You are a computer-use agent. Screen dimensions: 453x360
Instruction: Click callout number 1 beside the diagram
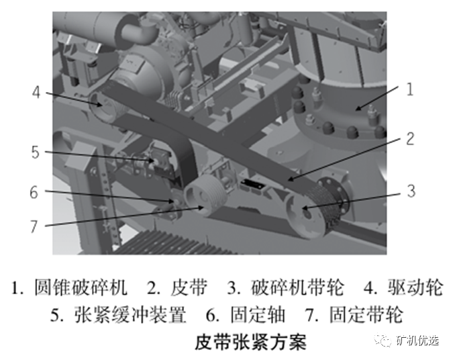[409, 89]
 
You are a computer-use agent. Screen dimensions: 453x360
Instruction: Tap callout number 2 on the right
[410, 139]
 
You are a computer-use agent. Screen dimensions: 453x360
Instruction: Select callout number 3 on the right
[411, 191]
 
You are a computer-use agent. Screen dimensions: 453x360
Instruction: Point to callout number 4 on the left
[36, 92]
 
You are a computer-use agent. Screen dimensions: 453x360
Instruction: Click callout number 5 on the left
[35, 152]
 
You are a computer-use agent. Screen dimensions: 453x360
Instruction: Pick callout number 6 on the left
[34, 192]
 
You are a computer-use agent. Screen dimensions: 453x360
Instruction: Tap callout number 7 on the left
[34, 226]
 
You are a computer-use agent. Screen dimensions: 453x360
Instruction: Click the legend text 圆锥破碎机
[81, 287]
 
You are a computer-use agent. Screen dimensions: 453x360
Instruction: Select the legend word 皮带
[189, 287]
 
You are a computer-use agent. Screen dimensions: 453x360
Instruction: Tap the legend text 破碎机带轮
[297, 287]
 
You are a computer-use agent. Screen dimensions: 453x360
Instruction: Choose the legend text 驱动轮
[415, 287]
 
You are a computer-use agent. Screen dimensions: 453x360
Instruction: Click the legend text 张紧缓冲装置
[130, 314]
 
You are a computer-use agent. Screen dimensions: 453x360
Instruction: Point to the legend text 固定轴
[258, 314]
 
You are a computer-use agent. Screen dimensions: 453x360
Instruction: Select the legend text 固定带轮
[366, 314]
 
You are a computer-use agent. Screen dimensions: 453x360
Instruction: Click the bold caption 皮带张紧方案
[250, 342]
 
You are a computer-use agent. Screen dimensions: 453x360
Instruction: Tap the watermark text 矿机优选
[417, 341]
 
